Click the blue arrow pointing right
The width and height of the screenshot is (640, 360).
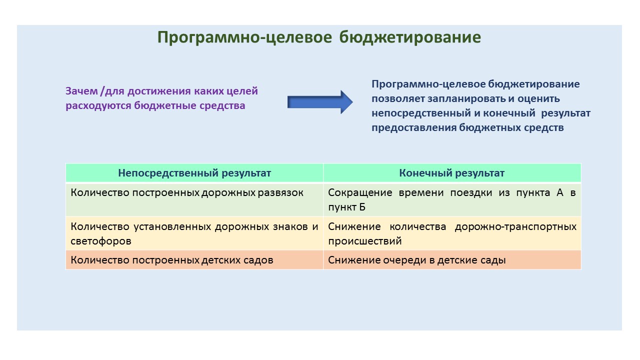coord(320,102)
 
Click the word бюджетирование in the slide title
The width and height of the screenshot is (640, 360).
coord(410,37)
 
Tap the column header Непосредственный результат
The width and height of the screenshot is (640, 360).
coord(194,173)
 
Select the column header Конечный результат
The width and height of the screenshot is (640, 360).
coord(451,173)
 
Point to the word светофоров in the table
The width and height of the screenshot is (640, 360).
coord(101,241)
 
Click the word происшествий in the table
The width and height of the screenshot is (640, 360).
coord(365,241)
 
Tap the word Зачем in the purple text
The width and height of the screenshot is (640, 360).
coord(81,91)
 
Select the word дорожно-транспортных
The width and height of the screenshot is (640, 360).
coord(515,226)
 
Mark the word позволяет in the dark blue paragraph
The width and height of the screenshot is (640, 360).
coord(398,98)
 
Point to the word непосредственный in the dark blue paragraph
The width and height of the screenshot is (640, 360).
coord(421,113)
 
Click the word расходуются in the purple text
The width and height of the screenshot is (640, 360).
coord(98,105)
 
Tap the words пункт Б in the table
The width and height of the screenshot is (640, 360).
coord(346,207)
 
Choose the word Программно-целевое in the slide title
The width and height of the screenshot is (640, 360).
coord(244,37)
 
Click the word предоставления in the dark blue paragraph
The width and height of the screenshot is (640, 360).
coord(414,127)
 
